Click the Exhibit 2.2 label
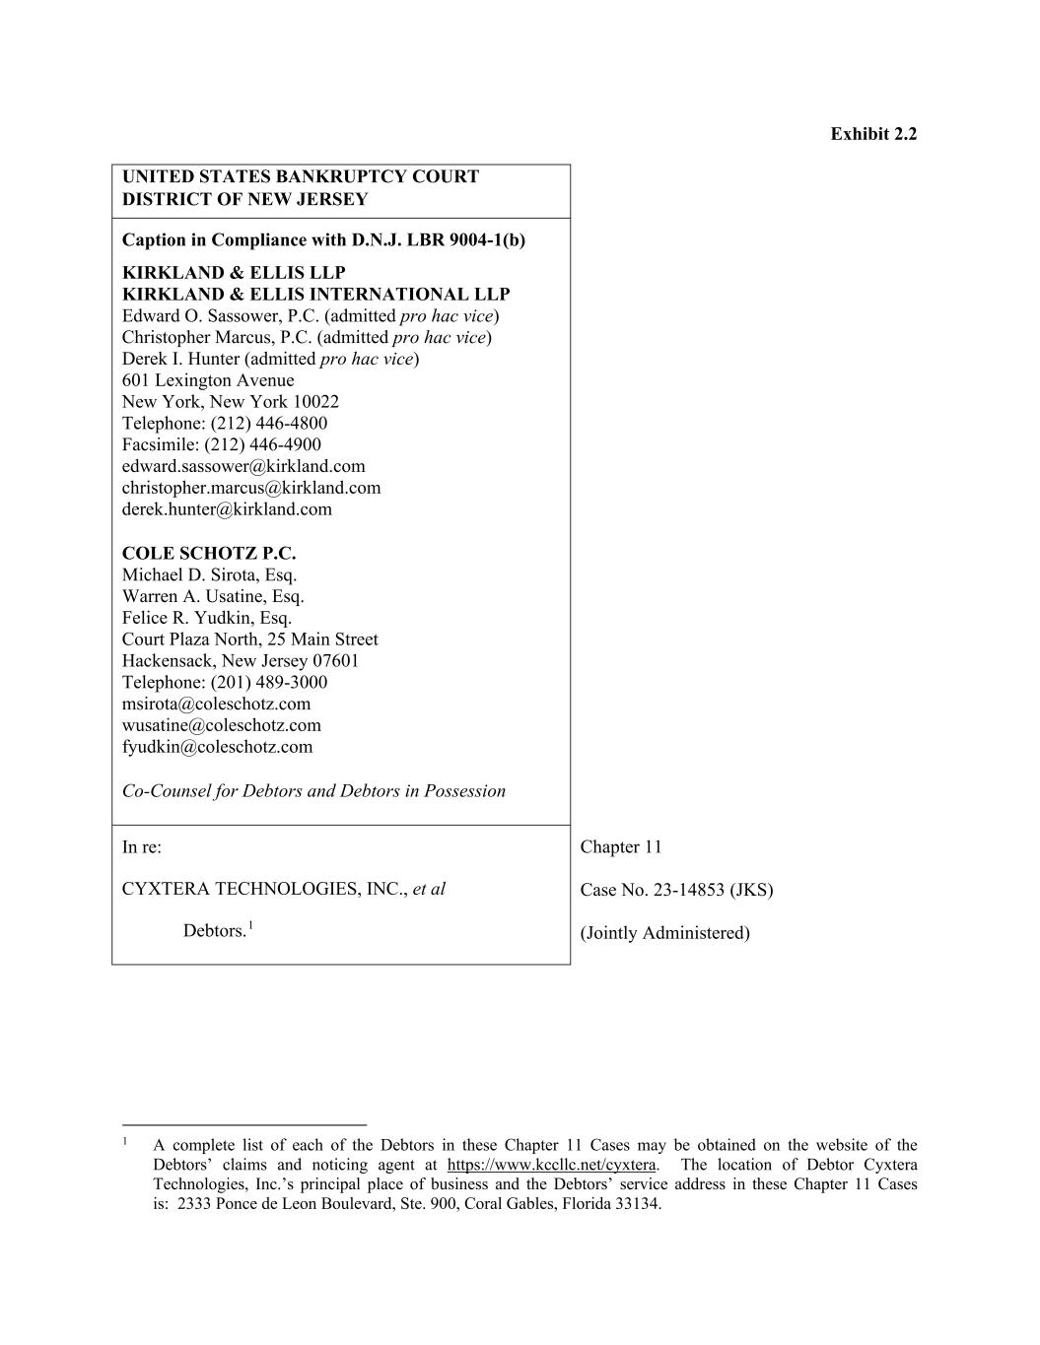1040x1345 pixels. [872, 134]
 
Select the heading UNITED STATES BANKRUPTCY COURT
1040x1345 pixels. [300, 177]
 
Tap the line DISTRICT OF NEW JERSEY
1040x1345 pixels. [244, 199]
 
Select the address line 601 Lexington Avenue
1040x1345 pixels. [208, 380]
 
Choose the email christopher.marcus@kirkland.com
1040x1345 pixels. [250, 488]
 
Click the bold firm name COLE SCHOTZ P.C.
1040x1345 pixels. [209, 553]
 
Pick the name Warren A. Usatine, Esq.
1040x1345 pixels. [213, 596]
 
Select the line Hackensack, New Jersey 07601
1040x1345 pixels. [241, 661]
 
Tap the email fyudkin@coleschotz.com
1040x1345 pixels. [217, 747]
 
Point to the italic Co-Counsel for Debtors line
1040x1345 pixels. [313, 791]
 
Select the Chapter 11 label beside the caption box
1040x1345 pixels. [621, 847]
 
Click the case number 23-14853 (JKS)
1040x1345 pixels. [713, 891]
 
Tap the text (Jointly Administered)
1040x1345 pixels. [664, 933]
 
